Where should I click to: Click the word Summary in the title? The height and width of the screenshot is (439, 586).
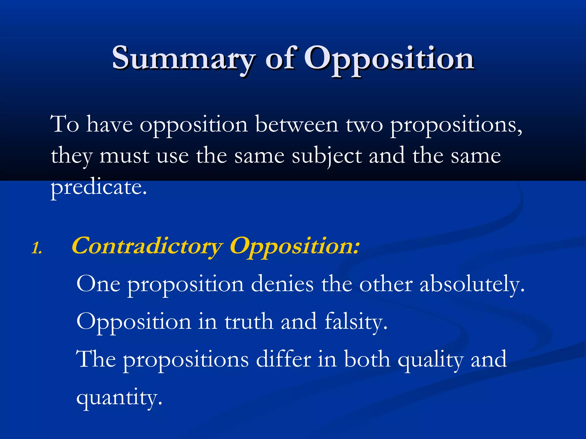[x=183, y=59]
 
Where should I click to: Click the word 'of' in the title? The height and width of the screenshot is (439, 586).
[x=280, y=59]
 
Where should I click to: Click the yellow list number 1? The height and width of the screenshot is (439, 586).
[x=37, y=248]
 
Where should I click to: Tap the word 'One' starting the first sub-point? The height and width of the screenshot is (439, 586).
[x=98, y=284]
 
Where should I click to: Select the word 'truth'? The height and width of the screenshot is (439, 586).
[x=249, y=322]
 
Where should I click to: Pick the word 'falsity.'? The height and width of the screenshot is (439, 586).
[x=356, y=322]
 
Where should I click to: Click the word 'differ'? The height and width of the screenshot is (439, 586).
[x=283, y=360]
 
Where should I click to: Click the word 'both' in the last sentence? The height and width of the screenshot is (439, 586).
[x=367, y=360]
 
